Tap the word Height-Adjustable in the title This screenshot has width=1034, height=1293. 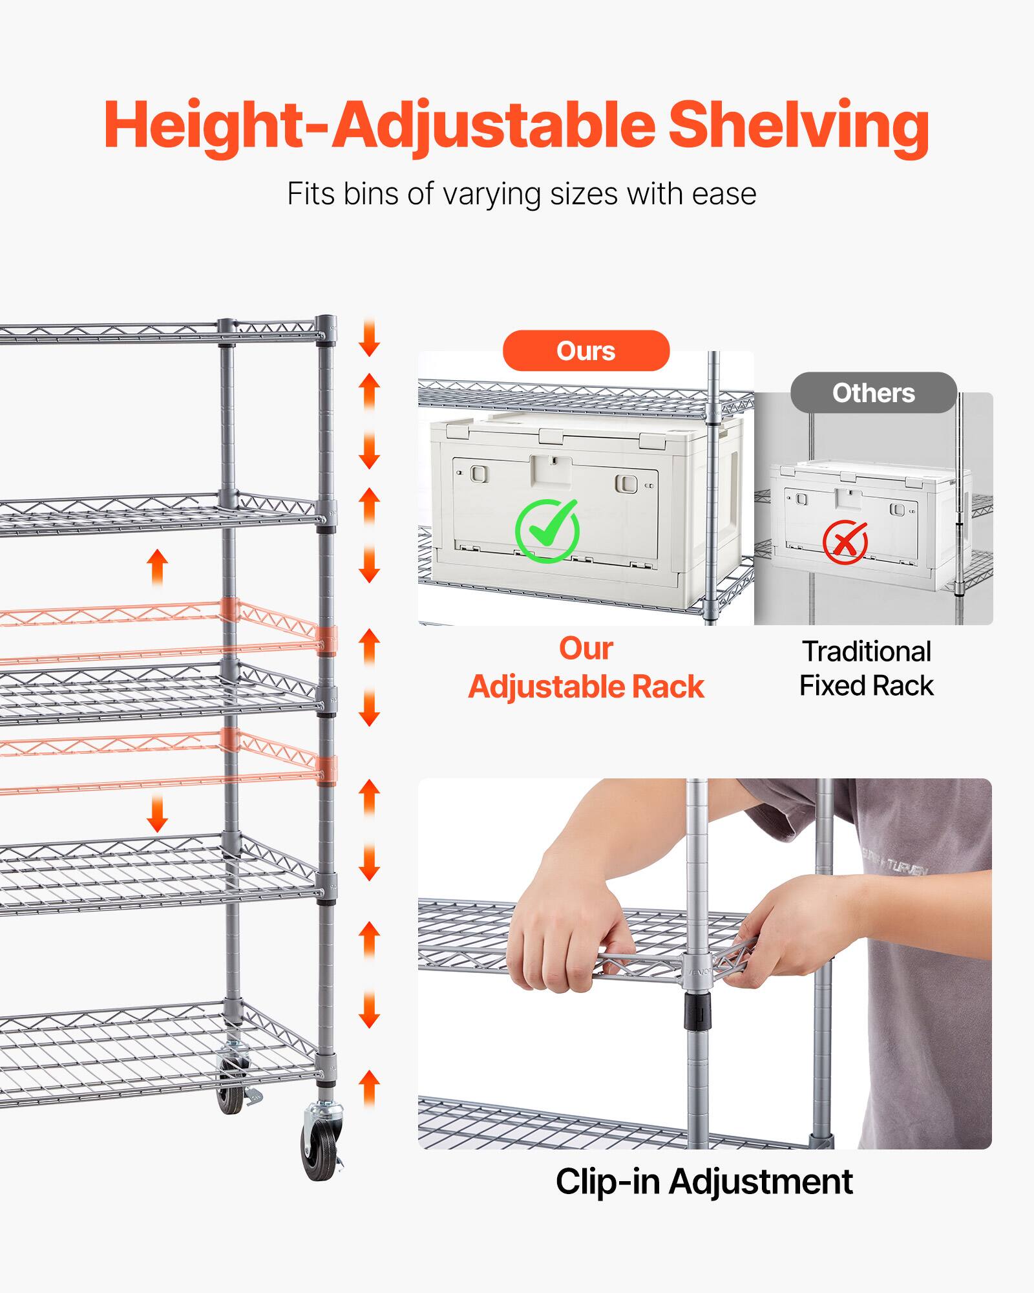379,126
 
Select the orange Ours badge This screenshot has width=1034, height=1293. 586,351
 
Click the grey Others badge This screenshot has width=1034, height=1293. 873,393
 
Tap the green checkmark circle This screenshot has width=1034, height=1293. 547,531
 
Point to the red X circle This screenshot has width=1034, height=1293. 845,541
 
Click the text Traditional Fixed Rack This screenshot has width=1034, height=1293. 866,668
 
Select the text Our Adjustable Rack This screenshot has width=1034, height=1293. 586,668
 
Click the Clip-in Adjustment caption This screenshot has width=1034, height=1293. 704,1181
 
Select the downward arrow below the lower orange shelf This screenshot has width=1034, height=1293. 157,813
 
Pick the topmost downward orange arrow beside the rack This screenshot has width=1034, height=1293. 369,337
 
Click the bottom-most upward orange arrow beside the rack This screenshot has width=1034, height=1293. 369,1088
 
